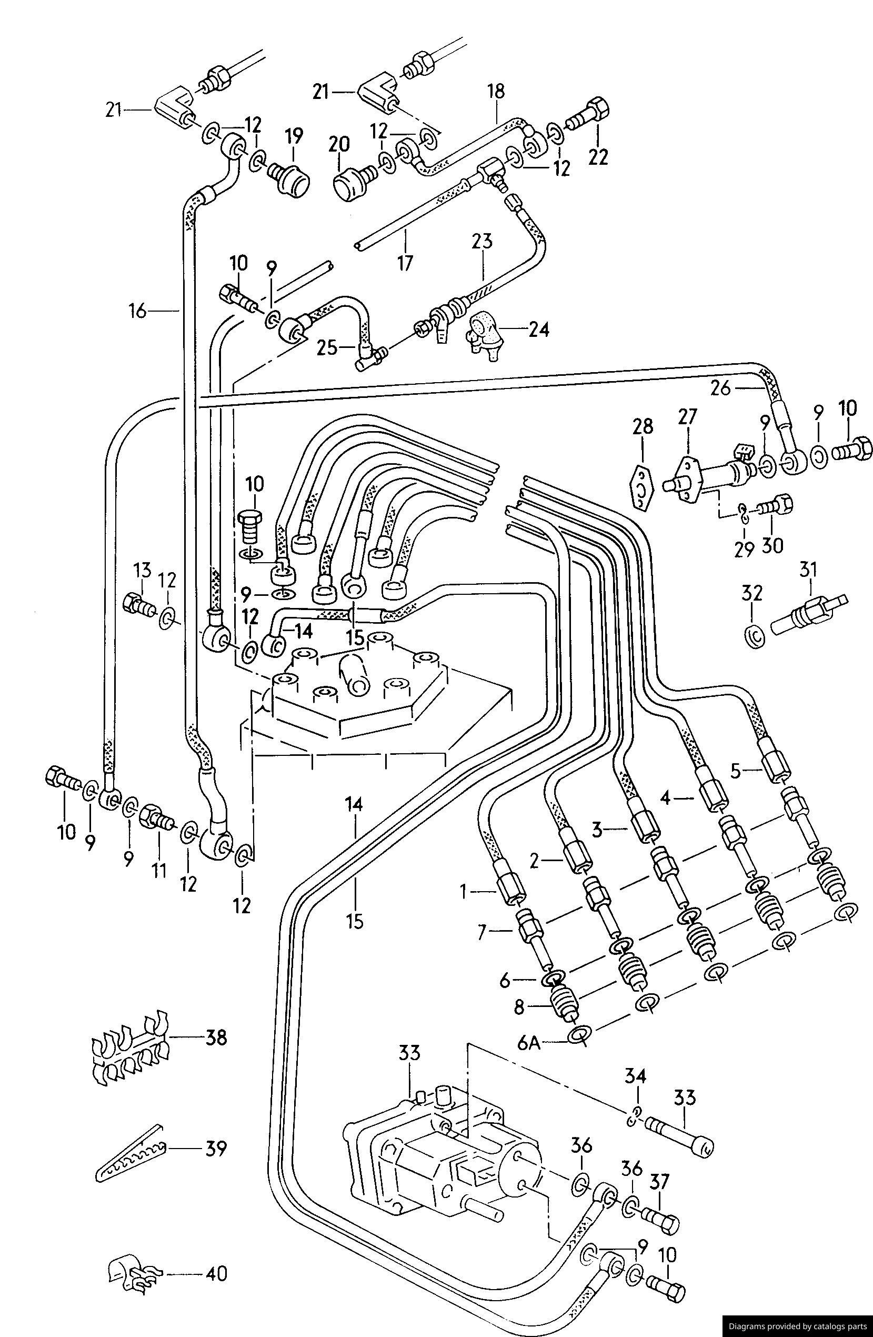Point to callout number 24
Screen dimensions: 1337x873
538,328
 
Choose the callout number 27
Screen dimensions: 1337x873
687,416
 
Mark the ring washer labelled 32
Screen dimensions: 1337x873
755,636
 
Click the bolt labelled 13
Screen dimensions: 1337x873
138,605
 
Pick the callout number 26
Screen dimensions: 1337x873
721,387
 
